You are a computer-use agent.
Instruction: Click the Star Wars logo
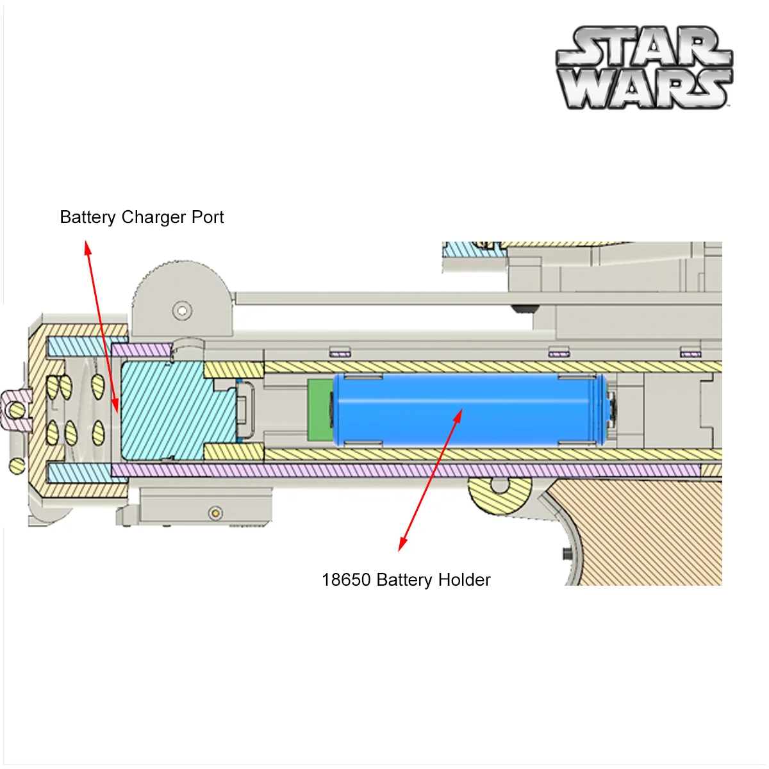pyautogui.click(x=643, y=67)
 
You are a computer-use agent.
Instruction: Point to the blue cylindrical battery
pyautogui.click(x=468, y=410)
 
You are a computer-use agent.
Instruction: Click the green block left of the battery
pyautogui.click(x=319, y=410)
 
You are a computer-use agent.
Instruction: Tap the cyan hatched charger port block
pyautogui.click(x=167, y=410)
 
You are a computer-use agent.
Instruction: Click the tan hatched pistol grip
pyautogui.click(x=647, y=532)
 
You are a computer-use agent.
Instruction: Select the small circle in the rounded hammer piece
pyautogui.click(x=183, y=311)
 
